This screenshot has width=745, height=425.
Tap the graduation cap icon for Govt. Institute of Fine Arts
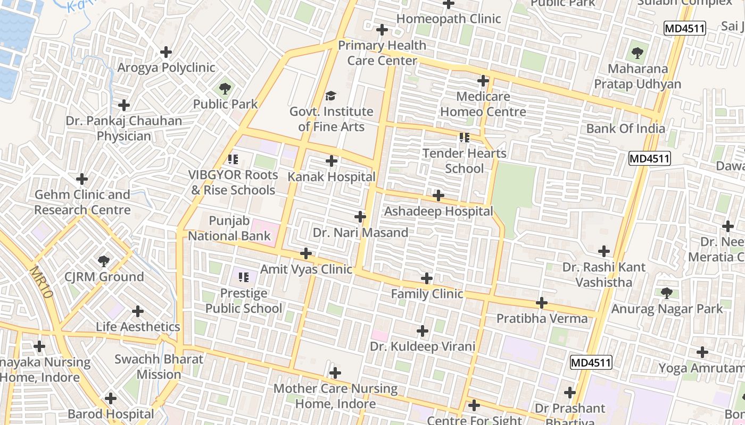[331, 96]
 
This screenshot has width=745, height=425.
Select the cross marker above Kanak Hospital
[332, 161]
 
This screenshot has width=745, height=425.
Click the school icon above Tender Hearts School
[465, 138]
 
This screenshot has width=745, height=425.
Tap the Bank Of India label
[625, 129]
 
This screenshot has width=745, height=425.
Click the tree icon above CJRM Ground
[104, 261]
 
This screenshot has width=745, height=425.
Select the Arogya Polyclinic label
[166, 67]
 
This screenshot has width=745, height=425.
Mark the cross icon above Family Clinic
[427, 278]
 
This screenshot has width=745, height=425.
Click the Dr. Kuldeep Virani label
[423, 347]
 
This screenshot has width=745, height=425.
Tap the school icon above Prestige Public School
[244, 277]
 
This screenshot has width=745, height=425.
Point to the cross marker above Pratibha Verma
[542, 303]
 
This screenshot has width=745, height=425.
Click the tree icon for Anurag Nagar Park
[666, 293]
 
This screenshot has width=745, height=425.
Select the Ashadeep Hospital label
[438, 211]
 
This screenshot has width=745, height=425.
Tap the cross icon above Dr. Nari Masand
[360, 217]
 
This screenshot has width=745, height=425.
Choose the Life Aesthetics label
[138, 327]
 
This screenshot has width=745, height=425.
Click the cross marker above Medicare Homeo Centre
[483, 81]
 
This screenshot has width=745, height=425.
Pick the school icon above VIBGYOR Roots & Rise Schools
[233, 159]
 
